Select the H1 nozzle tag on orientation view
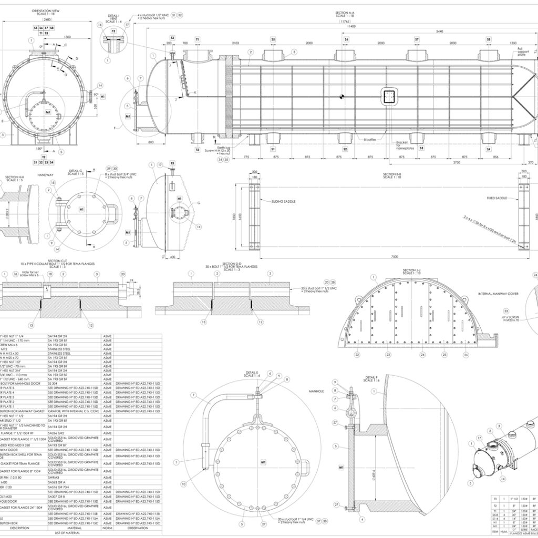coord(102,97)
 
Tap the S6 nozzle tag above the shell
coord(346,39)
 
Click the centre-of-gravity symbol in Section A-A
coord(342,96)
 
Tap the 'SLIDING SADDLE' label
coord(284,201)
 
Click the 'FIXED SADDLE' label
coord(497,199)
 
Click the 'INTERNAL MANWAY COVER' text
coord(499,293)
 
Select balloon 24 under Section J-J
coord(422,355)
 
